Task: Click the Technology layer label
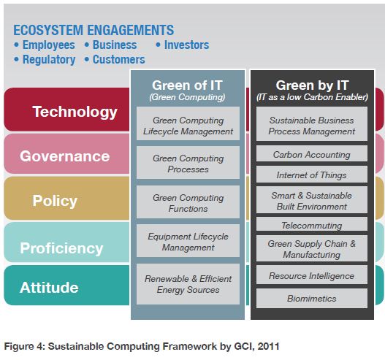(75, 112)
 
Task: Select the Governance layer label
(64, 156)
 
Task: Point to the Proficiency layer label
(61, 248)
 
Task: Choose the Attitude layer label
(50, 287)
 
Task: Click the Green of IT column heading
(188, 85)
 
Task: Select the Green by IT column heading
(310, 85)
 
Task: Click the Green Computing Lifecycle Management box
(188, 125)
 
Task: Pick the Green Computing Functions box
(188, 202)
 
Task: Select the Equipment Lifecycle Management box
(188, 242)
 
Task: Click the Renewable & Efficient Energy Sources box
(188, 284)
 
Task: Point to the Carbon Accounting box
(311, 155)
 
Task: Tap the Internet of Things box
(311, 175)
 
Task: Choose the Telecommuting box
(311, 226)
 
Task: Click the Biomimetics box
(311, 298)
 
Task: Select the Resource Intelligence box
(311, 276)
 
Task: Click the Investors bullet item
(186, 45)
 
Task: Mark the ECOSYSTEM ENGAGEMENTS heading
(94, 30)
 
